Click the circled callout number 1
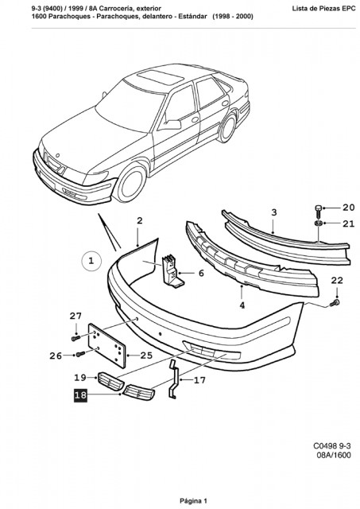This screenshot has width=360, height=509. (x=91, y=261)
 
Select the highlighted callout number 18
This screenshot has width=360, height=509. (x=80, y=395)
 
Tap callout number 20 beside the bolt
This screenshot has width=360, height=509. (x=349, y=207)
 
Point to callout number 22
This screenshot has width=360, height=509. (x=337, y=280)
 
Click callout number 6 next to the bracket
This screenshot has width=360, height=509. (x=201, y=273)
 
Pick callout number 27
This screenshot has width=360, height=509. (x=75, y=316)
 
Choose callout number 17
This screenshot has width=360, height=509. (x=199, y=380)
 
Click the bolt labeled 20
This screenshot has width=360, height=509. (x=318, y=211)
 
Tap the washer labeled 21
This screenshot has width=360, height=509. (x=318, y=223)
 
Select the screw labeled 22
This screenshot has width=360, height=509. (x=335, y=304)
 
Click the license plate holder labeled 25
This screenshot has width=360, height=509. (x=107, y=345)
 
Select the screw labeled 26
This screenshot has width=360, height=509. (x=80, y=354)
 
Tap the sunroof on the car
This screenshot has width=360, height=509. (x=161, y=77)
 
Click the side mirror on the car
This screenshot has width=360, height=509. (x=172, y=124)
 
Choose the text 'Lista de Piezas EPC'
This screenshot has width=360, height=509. (x=323, y=9)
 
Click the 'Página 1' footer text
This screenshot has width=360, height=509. (x=193, y=501)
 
